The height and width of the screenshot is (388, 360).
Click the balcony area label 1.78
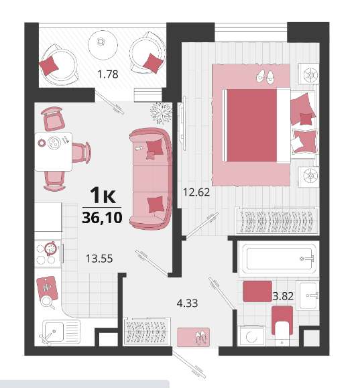[x=108, y=74]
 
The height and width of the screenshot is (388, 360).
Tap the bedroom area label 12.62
[x=196, y=192]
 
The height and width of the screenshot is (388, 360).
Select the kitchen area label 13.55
[x=99, y=259]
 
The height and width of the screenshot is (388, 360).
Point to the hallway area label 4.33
[x=187, y=303]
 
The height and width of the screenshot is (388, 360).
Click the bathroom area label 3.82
[x=283, y=296]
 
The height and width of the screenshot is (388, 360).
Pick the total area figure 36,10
[x=102, y=218]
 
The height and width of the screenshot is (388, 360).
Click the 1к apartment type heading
[x=103, y=195]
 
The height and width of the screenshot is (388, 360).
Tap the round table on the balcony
[x=103, y=45]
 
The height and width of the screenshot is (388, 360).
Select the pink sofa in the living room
[x=151, y=179]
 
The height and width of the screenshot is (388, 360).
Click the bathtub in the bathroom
[x=279, y=259]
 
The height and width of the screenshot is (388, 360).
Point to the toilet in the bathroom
[x=282, y=326]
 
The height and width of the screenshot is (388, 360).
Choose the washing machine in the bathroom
[x=251, y=336]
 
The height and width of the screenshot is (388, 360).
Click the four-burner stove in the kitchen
[x=48, y=253]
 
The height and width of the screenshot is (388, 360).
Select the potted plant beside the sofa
[x=161, y=113]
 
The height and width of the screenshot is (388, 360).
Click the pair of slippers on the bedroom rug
[x=265, y=76]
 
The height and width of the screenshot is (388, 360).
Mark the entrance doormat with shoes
[x=193, y=337]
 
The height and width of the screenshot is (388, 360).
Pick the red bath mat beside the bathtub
[x=257, y=292]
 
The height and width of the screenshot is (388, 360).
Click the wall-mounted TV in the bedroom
[x=183, y=123]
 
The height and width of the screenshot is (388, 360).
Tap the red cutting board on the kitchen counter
[x=47, y=287]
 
